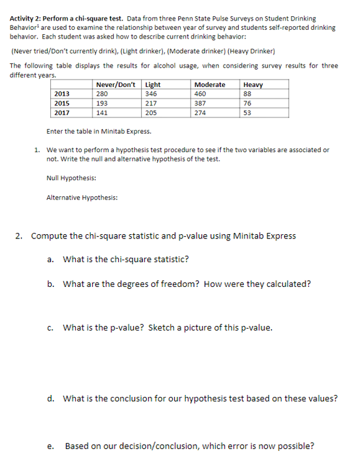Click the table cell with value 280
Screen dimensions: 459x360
[x=102, y=94]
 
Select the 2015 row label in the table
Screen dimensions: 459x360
[x=62, y=103]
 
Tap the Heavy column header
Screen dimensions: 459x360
[x=253, y=84]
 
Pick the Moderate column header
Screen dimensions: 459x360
[x=210, y=84]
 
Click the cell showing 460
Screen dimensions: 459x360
[x=200, y=94]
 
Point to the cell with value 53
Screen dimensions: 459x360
[x=248, y=113]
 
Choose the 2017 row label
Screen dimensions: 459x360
[x=62, y=113]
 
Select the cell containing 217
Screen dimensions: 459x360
[x=150, y=103]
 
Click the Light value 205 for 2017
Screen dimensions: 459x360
[x=150, y=113]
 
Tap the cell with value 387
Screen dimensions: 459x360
[x=200, y=103]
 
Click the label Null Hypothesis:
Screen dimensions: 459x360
[x=71, y=178]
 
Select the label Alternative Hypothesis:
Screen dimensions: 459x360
[x=82, y=198]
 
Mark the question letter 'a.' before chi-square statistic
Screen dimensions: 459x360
[x=51, y=259]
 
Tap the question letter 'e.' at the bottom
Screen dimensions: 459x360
[x=50, y=446]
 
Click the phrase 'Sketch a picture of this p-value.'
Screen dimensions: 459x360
[x=210, y=327]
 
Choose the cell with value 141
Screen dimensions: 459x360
[x=102, y=113]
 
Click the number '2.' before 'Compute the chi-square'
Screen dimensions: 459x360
[x=21, y=236]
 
